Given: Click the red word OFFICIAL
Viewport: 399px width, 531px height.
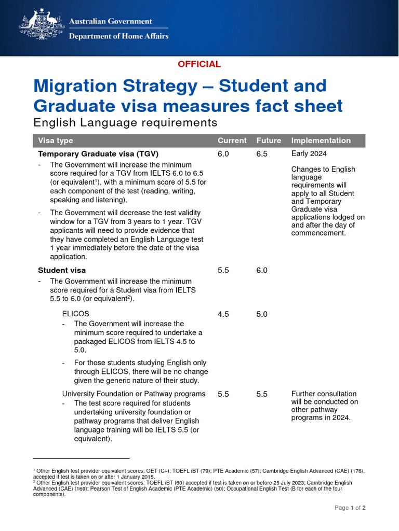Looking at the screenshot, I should [x=199, y=64].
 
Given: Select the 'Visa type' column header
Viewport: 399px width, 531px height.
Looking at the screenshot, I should [x=56, y=141].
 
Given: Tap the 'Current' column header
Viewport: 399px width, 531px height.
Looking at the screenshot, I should [x=232, y=141].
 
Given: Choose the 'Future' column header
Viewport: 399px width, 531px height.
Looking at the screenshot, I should [x=269, y=141].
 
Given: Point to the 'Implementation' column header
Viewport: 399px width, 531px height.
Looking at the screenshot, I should [x=321, y=141].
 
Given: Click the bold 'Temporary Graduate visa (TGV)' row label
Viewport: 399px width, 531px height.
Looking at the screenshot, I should [x=98, y=154].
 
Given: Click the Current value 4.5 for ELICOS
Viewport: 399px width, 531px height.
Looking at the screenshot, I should [x=223, y=314].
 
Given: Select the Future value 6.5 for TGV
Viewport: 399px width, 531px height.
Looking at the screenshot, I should [x=262, y=154].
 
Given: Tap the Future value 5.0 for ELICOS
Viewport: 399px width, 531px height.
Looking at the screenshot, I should [x=262, y=314].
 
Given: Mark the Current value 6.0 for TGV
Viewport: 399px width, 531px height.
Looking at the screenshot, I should [x=223, y=154].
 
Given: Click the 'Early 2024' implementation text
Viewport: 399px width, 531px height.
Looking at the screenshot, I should [x=309, y=154].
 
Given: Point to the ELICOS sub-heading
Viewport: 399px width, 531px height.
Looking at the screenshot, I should [x=75, y=314].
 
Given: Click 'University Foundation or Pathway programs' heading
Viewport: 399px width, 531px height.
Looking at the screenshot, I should [x=134, y=394].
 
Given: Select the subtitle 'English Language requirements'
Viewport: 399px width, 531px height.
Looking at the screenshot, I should [x=125, y=123].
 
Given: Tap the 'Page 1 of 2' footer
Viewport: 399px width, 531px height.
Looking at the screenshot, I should [x=350, y=508].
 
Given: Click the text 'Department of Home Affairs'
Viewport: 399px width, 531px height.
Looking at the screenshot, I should [x=118, y=36].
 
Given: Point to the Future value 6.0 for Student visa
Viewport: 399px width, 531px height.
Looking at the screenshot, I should [x=262, y=270].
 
